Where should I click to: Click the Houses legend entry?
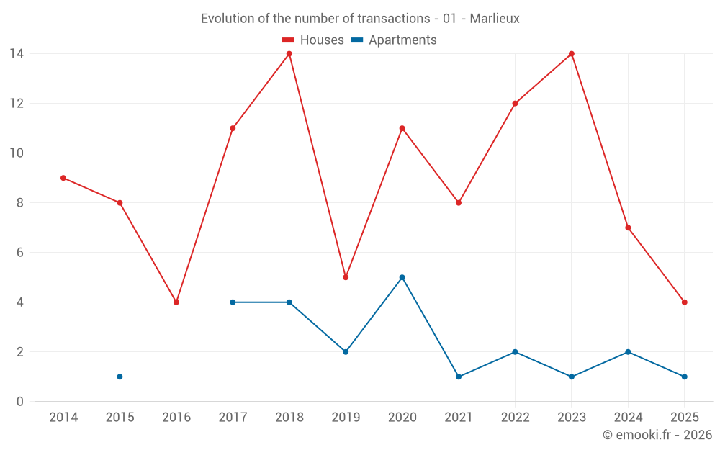click(x=313, y=40)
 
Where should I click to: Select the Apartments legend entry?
click(x=394, y=40)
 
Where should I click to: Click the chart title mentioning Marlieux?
click(x=360, y=19)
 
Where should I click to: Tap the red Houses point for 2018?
click(x=289, y=54)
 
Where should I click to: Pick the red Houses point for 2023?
click(x=572, y=54)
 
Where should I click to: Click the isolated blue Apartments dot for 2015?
click(x=120, y=377)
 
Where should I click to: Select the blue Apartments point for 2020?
click(x=402, y=277)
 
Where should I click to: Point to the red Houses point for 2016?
click(x=176, y=302)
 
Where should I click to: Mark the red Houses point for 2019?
click(x=346, y=277)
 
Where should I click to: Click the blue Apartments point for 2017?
click(x=233, y=302)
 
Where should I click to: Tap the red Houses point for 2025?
click(x=684, y=302)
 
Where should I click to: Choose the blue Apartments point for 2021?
click(x=459, y=377)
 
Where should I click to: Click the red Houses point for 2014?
click(x=63, y=178)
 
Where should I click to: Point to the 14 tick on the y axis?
click(x=16, y=54)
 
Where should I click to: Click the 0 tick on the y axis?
click(x=19, y=402)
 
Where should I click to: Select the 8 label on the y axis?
click(x=19, y=203)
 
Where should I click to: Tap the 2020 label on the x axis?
click(x=402, y=418)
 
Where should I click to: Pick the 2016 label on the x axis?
click(x=176, y=418)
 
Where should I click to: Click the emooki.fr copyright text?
click(x=657, y=435)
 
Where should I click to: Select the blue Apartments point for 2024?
click(x=628, y=352)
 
